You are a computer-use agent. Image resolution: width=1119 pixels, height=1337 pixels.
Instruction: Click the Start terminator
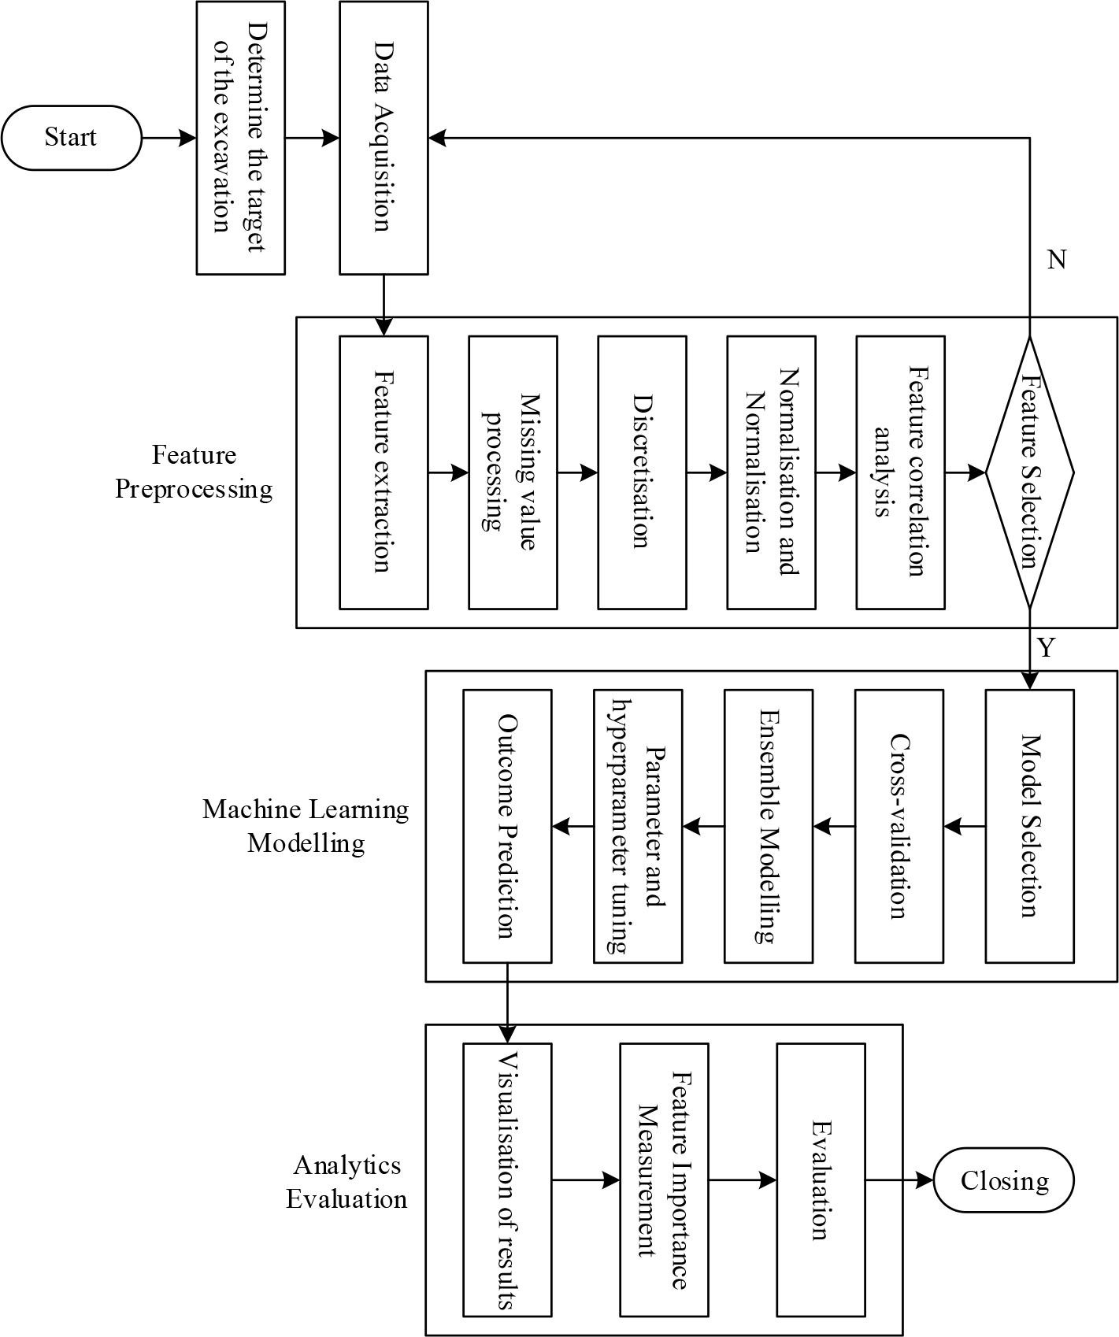tap(71, 138)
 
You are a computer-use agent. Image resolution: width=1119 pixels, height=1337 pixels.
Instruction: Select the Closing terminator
tap(1004, 1180)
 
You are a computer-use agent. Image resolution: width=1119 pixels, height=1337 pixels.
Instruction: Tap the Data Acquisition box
tap(383, 138)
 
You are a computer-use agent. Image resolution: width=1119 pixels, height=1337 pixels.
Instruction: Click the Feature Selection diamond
tap(1029, 472)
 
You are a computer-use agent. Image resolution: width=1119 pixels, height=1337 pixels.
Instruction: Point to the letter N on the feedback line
tap(1057, 260)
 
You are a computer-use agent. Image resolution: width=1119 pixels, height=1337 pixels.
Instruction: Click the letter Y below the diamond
tap(1046, 648)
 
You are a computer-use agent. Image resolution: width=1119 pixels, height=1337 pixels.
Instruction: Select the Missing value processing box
tap(513, 472)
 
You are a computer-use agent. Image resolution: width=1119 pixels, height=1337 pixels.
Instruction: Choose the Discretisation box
tap(642, 472)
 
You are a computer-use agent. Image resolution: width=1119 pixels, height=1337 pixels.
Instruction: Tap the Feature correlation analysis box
tap(900, 472)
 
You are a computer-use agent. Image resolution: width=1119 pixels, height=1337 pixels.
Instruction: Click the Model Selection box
tap(1029, 826)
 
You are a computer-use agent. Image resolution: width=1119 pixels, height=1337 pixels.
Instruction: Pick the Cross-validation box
tap(899, 826)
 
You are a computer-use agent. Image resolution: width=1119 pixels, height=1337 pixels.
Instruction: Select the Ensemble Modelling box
tap(768, 826)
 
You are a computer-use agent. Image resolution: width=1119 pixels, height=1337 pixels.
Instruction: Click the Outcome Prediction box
tap(506, 826)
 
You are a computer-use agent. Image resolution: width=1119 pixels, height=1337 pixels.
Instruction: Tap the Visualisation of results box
tap(506, 1180)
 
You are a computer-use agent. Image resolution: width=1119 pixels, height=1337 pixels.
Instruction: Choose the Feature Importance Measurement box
tap(664, 1180)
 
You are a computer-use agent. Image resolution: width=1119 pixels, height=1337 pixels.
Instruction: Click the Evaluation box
tap(821, 1180)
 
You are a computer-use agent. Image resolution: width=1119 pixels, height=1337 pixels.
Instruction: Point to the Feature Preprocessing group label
tap(194, 472)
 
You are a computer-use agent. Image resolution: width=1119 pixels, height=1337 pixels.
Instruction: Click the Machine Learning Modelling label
tap(306, 826)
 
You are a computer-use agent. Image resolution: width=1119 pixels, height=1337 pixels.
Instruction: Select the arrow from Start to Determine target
tap(169, 138)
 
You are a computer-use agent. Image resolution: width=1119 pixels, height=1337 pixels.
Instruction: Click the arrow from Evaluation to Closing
tap(899, 1180)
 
